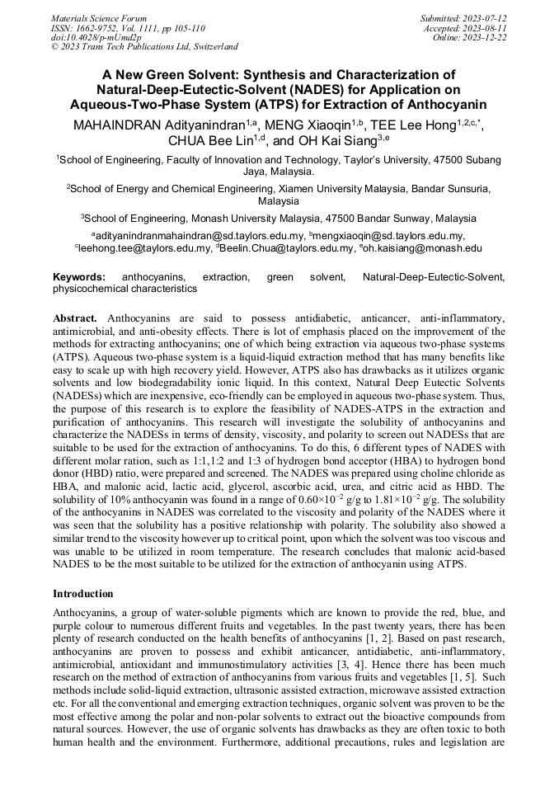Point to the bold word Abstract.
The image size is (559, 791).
[75, 318]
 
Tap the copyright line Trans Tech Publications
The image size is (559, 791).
[145, 47]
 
